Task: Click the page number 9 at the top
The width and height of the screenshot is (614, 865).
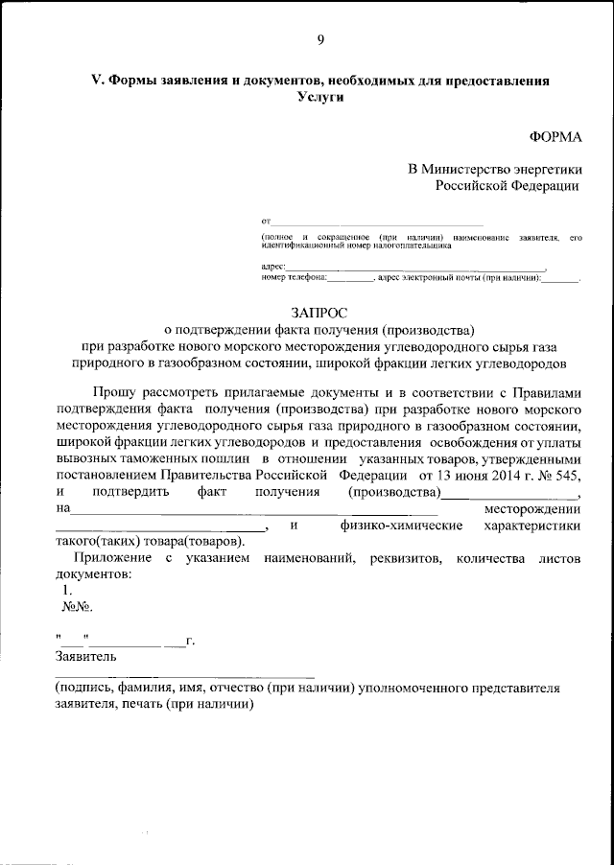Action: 320,39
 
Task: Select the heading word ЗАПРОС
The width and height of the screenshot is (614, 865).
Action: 320,311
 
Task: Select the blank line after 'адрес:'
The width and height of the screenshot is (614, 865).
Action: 416,267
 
